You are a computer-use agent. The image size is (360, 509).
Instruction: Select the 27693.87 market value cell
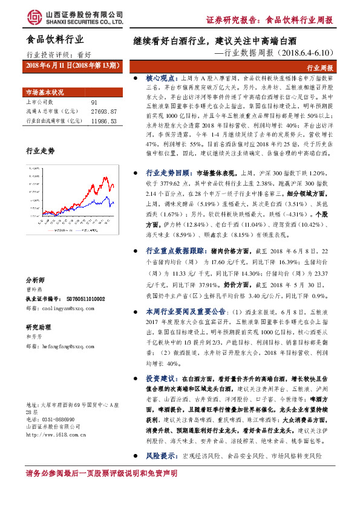103,112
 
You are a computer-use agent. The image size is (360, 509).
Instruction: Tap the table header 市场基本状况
44,92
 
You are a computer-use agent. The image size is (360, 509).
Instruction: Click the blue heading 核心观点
161,79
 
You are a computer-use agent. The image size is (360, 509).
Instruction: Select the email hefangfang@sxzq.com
70,346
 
